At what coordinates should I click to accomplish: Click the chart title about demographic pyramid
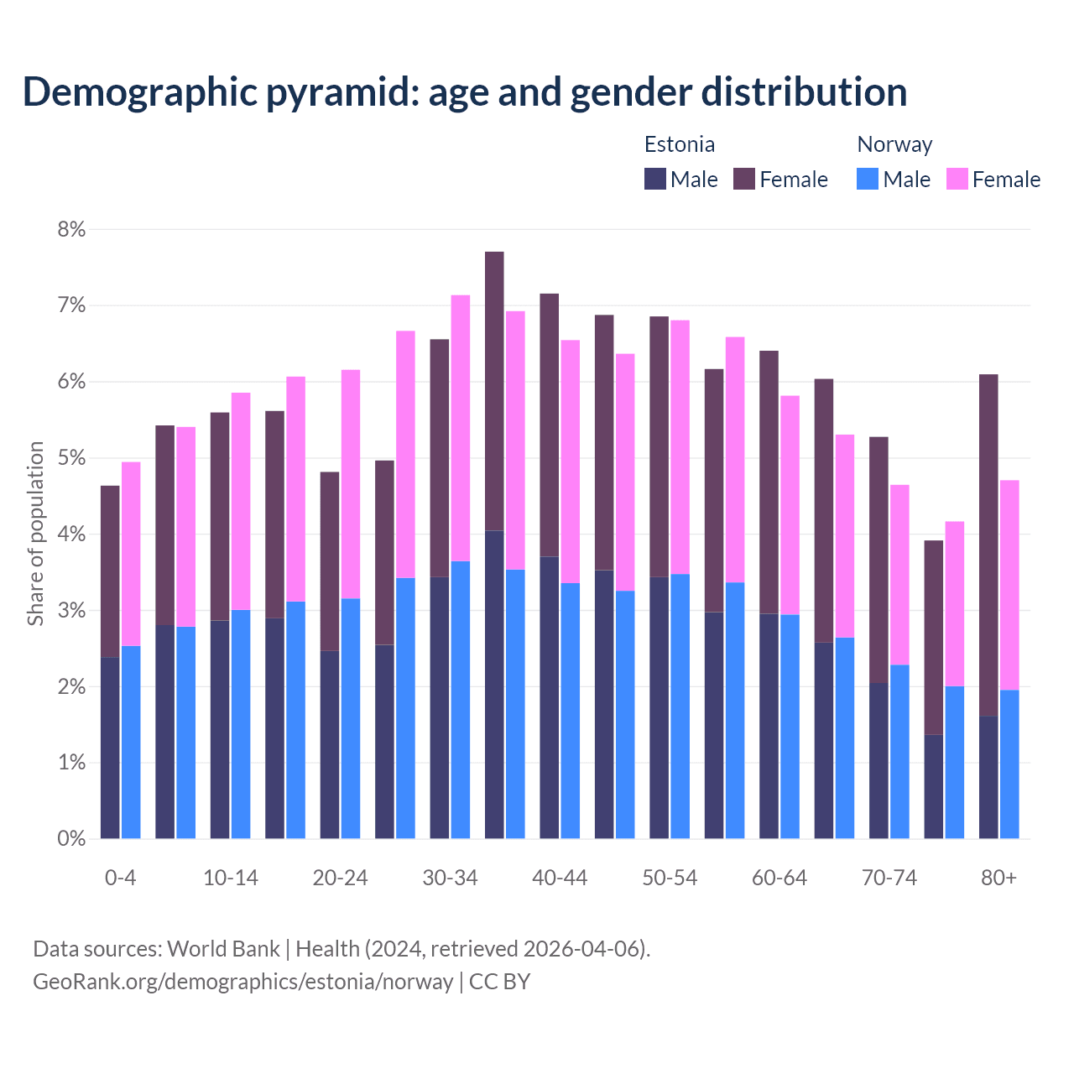(x=464, y=92)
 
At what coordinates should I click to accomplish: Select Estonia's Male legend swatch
(x=655, y=179)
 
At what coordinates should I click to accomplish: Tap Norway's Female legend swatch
(x=957, y=179)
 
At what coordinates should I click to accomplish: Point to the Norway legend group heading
(x=894, y=144)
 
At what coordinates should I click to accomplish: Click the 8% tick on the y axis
(x=71, y=230)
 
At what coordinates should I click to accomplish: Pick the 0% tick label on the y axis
(x=71, y=838)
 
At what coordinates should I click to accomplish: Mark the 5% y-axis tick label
(x=71, y=458)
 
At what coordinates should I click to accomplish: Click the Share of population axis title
(x=35, y=534)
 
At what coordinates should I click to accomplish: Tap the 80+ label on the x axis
(x=998, y=878)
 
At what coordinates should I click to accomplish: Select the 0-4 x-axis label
(x=120, y=878)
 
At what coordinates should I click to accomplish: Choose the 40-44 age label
(x=560, y=878)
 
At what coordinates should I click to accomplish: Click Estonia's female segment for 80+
(x=988, y=545)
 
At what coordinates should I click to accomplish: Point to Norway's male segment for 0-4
(x=131, y=743)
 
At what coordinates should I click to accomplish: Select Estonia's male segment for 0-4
(x=110, y=748)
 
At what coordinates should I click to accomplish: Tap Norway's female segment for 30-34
(x=461, y=428)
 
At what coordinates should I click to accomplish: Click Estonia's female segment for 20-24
(x=330, y=560)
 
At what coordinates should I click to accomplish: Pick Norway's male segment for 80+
(x=1009, y=764)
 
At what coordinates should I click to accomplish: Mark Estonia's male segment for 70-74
(x=878, y=760)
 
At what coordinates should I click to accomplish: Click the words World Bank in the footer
(x=223, y=949)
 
